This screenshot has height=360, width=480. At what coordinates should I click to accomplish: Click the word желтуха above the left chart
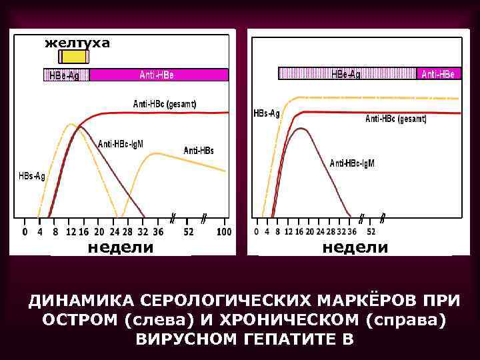pos(77,43)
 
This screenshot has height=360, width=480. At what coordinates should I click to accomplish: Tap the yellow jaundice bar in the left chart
pos(73,57)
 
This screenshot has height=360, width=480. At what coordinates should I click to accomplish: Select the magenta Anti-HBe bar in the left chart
pos(158,75)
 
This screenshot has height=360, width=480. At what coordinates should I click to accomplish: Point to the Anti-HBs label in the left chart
pos(199,151)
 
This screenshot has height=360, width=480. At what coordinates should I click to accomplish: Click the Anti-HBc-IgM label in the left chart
pos(121,143)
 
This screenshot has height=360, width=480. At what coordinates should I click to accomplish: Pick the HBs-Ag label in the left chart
pos(32,176)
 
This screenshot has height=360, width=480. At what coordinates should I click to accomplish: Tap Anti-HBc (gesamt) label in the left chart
pos(165,104)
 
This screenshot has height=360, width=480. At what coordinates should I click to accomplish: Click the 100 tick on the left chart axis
pos(224,232)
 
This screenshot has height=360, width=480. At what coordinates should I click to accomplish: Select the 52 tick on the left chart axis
pos(189,232)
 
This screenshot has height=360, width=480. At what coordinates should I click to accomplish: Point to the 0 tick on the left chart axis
pos(25,232)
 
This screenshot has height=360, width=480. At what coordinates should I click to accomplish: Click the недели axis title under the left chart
pos(121,247)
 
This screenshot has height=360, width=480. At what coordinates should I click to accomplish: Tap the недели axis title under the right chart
pos(355,247)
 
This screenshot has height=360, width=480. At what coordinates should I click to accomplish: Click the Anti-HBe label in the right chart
pos(438,74)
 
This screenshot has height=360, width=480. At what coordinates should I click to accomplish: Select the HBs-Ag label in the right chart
pos(267,113)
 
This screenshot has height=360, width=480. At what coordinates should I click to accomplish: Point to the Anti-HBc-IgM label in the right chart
pos(352,163)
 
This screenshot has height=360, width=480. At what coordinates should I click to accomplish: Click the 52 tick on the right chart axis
pos(371,231)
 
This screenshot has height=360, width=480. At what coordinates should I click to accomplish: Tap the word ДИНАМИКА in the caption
pos(81,299)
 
